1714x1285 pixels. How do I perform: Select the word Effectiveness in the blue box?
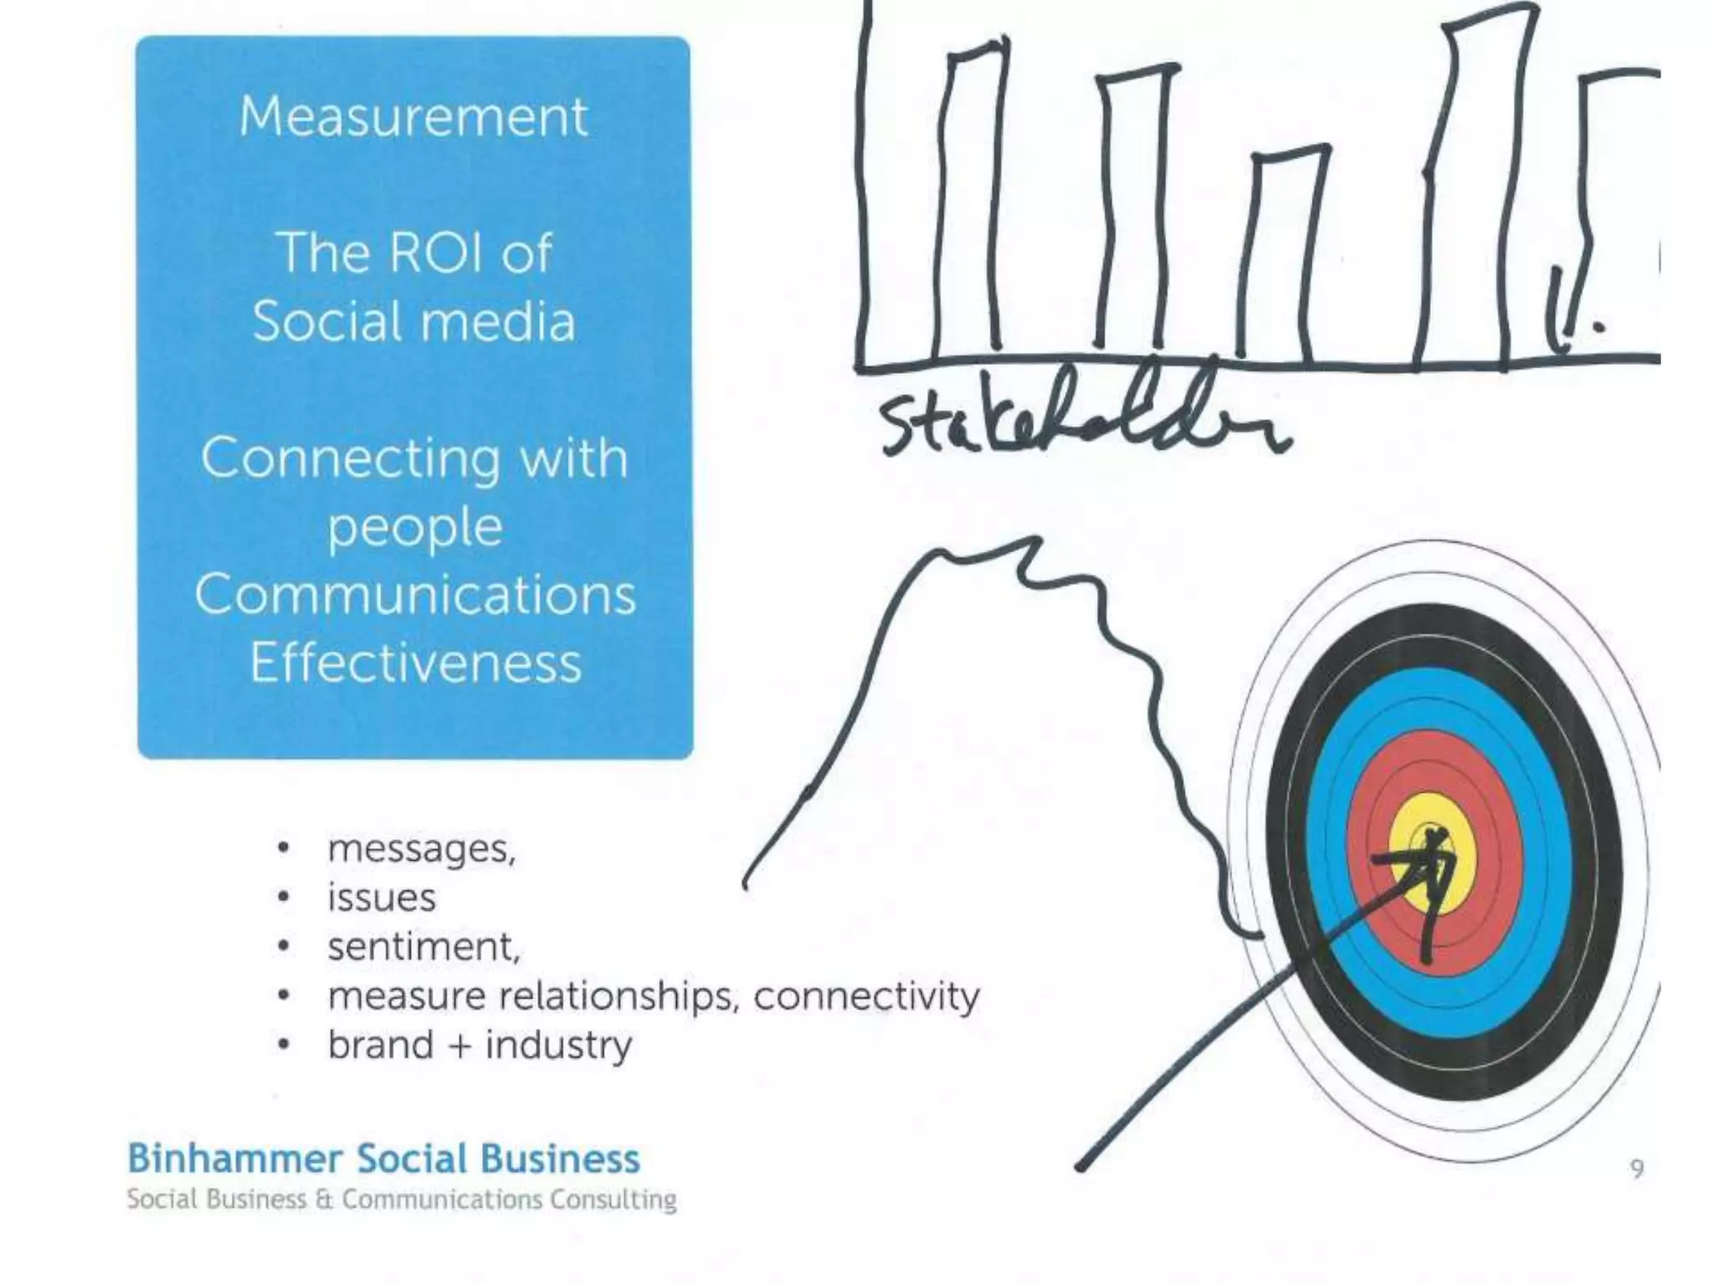[415, 664]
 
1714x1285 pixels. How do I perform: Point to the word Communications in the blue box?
[415, 595]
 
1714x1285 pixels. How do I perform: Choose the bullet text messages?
[421, 849]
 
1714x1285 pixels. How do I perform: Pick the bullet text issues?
[382, 898]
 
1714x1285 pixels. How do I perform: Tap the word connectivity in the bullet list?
[866, 996]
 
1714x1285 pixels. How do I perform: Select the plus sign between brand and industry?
[459, 1046]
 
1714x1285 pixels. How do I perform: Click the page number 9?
[1638, 1168]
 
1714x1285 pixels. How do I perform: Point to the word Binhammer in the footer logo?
[235, 1160]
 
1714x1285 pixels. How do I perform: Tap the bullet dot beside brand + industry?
[285, 1045]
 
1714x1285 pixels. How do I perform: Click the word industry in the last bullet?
[558, 1046]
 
